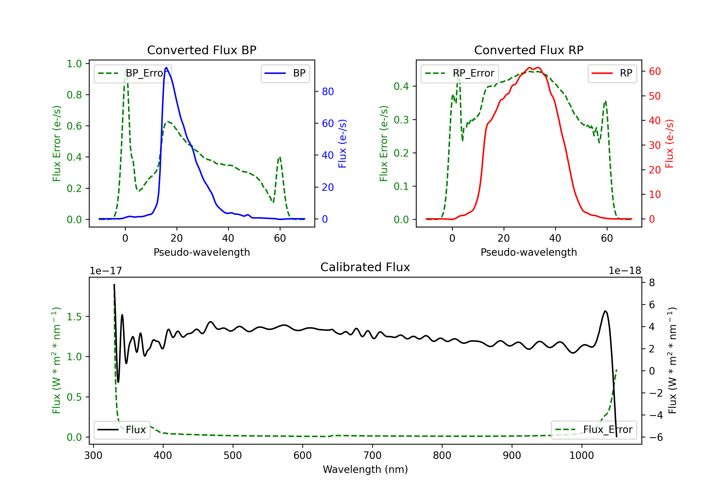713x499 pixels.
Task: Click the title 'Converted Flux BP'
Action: [202, 50]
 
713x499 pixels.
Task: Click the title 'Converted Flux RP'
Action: [529, 50]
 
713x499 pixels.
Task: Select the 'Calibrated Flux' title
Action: [365, 267]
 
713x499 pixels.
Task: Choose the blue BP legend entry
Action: [285, 73]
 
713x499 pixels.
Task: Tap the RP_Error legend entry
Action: [460, 73]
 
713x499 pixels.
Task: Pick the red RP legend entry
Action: [612, 73]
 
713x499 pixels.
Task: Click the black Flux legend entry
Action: [122, 430]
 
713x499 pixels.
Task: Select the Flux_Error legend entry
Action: [594, 430]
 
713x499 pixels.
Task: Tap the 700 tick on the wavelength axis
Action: [372, 455]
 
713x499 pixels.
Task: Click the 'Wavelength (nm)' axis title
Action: [365, 469]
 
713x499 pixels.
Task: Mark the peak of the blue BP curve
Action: [166, 67]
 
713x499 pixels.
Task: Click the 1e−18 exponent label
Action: [625, 271]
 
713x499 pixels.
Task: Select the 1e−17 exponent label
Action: [106, 271]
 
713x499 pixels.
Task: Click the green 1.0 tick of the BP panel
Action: [74, 64]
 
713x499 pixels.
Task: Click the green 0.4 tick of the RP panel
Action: [401, 86]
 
